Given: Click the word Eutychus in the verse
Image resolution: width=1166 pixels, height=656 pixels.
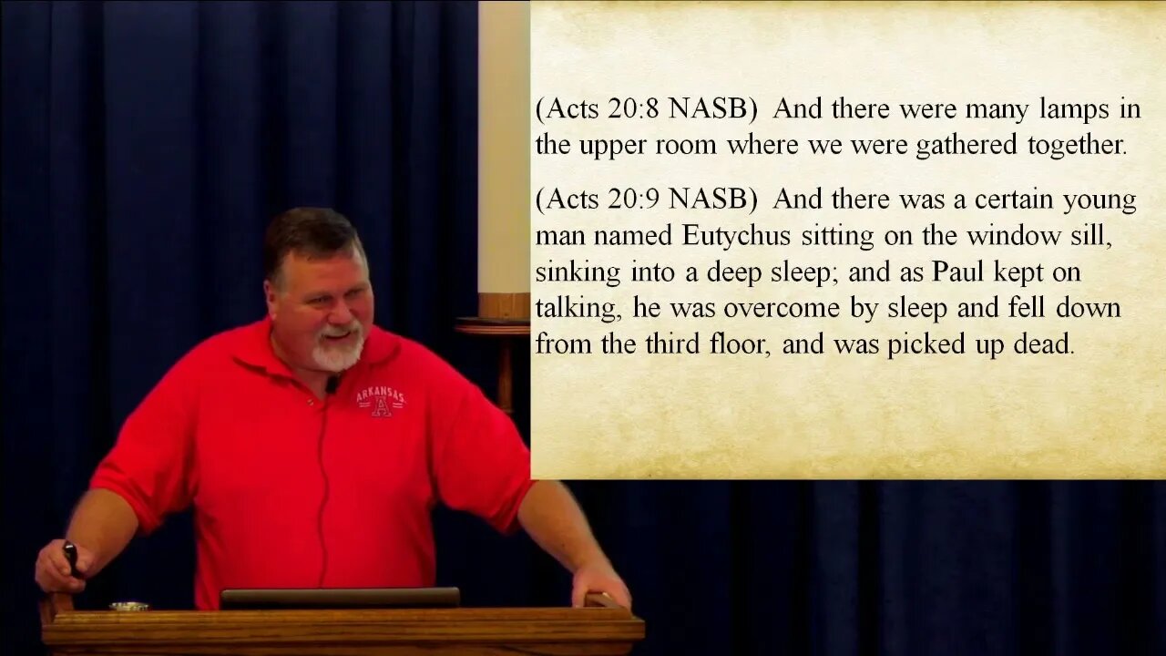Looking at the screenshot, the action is tap(736, 237).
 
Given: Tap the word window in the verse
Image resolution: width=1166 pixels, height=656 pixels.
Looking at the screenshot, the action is tap(1014, 236).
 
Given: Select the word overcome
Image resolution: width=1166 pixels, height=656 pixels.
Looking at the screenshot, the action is tap(782, 308).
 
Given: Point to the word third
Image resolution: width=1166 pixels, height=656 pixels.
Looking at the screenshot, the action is tap(672, 343).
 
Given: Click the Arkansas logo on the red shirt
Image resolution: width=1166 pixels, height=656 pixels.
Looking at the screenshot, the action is tap(381, 402).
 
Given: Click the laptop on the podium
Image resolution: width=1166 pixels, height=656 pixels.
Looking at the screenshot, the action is tap(340, 599).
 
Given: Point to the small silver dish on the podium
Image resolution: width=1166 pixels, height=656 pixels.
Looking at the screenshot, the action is tap(128, 607).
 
